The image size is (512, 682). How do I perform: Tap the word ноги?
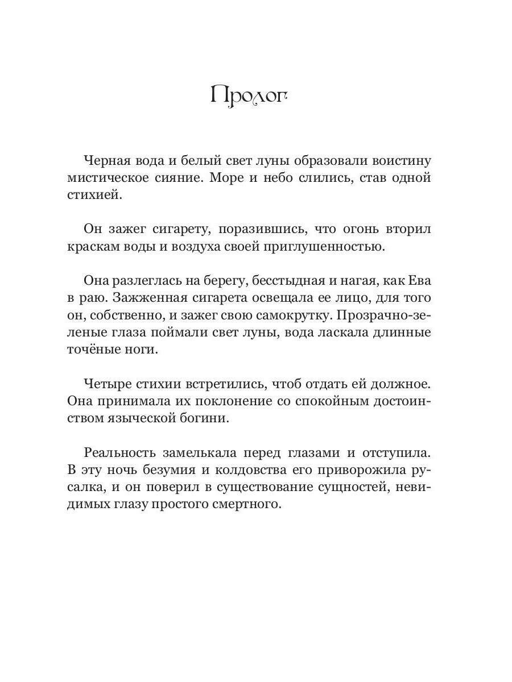(139, 350)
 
